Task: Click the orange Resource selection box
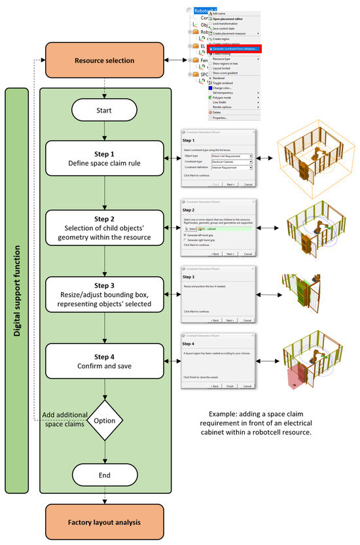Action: point(105,61)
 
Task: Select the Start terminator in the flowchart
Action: point(105,109)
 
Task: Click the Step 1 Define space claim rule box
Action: point(105,158)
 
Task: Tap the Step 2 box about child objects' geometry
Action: point(105,227)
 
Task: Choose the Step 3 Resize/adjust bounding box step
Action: point(105,295)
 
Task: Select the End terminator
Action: point(105,475)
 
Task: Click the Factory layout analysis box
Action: point(105,522)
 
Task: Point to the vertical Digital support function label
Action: point(16,291)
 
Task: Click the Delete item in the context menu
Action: point(217,112)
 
